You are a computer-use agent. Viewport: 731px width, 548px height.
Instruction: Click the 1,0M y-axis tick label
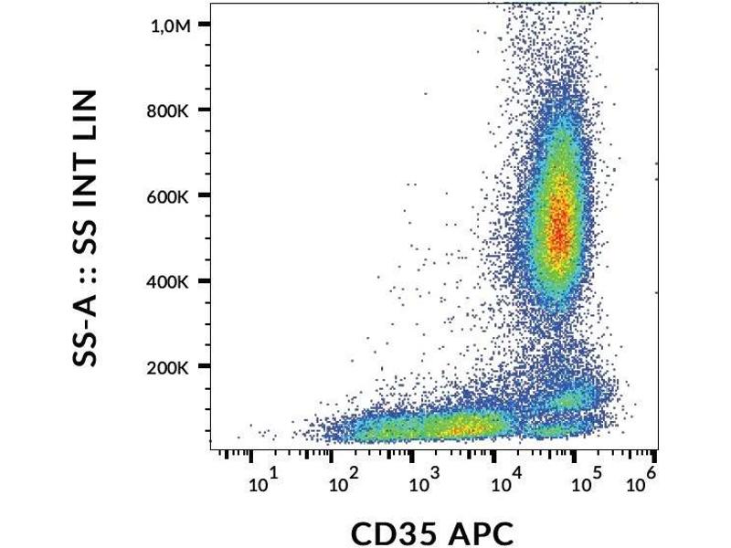pyautogui.click(x=170, y=26)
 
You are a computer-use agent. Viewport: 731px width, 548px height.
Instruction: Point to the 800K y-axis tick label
pyautogui.click(x=168, y=111)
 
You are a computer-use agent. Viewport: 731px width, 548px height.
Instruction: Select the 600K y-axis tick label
pyautogui.click(x=168, y=196)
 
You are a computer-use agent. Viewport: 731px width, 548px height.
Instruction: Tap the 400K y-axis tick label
pyautogui.click(x=168, y=282)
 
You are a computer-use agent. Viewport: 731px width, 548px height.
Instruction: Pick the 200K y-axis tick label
pyautogui.click(x=168, y=368)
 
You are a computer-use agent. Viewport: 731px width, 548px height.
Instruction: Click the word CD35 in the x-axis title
pyautogui.click(x=393, y=532)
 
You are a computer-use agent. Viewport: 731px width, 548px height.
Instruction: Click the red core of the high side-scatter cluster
pyautogui.click(x=558, y=219)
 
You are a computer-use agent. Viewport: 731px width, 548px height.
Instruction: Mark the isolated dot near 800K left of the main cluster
pyautogui.click(x=425, y=93)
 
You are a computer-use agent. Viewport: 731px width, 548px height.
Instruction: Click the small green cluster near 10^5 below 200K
pyautogui.click(x=572, y=399)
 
